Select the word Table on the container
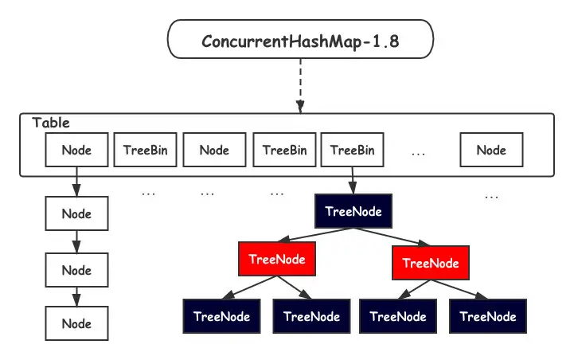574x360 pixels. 51,123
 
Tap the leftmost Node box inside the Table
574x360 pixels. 76,150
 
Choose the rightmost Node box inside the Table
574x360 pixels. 490,150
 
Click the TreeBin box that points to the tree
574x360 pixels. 353,150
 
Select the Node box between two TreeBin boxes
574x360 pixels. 214,150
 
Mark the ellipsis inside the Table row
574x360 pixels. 421,151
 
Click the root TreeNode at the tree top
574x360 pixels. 353,212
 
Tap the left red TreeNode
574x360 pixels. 277,259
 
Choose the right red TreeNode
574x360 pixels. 431,262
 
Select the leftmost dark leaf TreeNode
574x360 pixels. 221,316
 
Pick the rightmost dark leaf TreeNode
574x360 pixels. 488,316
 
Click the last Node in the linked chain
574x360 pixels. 76,323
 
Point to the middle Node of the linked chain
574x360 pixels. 76,270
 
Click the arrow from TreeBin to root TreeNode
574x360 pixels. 353,182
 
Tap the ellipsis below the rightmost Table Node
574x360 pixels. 491,196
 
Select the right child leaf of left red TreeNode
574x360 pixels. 311,316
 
